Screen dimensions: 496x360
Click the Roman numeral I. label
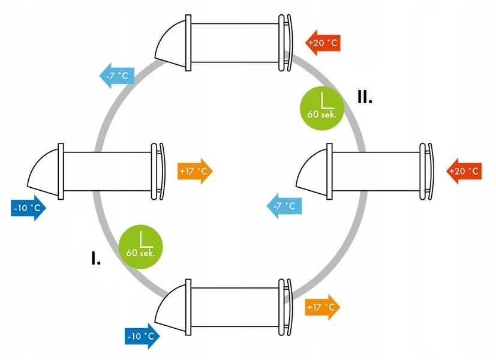(x=96, y=258)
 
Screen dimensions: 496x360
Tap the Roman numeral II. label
(x=365, y=97)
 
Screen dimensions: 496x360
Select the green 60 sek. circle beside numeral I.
(x=141, y=247)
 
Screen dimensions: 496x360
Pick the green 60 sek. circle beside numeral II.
(x=322, y=108)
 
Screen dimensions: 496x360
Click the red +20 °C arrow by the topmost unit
(x=323, y=43)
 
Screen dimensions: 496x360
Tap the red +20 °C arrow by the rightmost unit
(x=464, y=171)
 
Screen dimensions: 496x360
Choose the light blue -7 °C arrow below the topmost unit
(x=117, y=76)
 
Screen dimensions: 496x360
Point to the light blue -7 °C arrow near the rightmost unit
(x=284, y=206)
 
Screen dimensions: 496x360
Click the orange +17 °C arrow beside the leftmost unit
(x=195, y=171)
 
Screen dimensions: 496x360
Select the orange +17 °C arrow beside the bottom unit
(x=322, y=307)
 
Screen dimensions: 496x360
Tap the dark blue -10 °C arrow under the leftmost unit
(x=28, y=208)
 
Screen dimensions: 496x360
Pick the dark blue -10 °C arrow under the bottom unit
(x=142, y=336)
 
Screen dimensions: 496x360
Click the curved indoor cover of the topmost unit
(x=289, y=43)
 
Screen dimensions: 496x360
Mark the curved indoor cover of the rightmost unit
(x=431, y=171)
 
